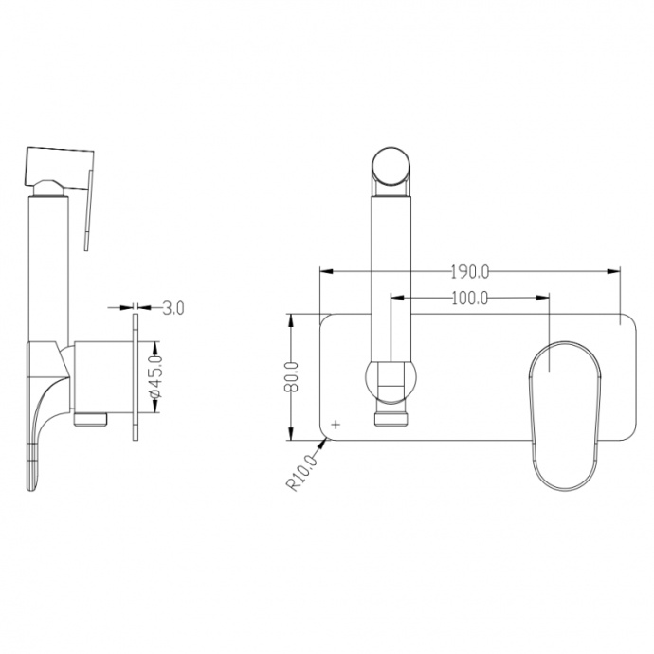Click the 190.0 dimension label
pyautogui.click(x=469, y=272)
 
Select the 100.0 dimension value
pyautogui.click(x=469, y=298)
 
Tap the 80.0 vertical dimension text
pyautogui.click(x=292, y=376)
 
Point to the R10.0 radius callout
pyautogui.click(x=302, y=473)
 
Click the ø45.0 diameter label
pyautogui.click(x=155, y=376)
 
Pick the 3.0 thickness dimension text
pyautogui.click(x=173, y=308)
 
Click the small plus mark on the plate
pyautogui.click(x=336, y=425)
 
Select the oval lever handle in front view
pyautogui.click(x=566, y=415)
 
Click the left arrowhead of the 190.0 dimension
pyautogui.click(x=326, y=271)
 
